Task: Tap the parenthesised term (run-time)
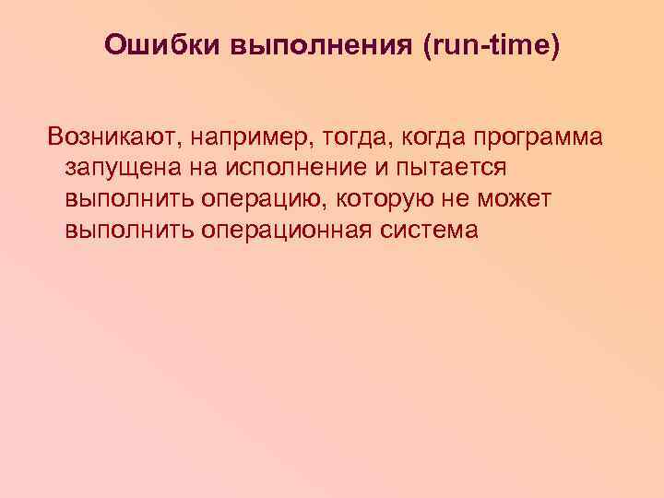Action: (491, 45)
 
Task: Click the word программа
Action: (539, 137)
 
